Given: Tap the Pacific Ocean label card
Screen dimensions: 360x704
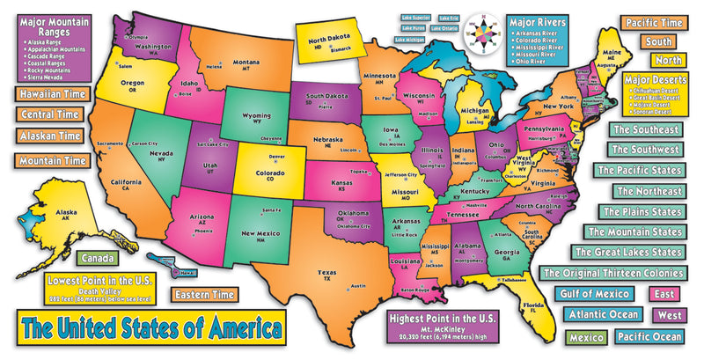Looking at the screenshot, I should point(648,336).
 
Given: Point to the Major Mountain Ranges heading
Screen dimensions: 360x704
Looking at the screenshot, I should point(53,26).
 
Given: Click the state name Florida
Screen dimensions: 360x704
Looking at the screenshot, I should point(532,305).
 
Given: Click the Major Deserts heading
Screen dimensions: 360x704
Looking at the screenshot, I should point(654,79).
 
